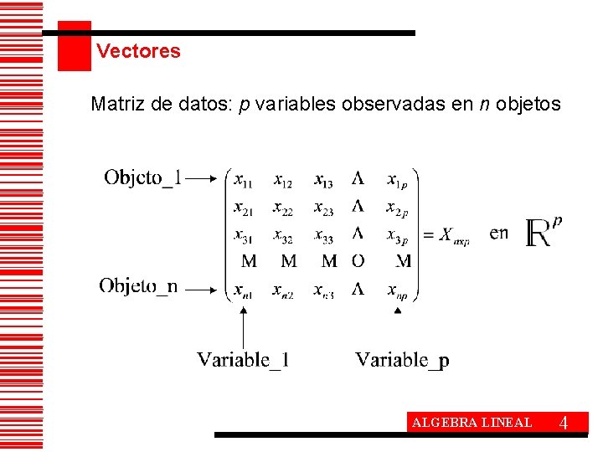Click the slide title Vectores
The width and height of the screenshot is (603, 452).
[x=138, y=51]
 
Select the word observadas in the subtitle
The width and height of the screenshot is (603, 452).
[x=397, y=105]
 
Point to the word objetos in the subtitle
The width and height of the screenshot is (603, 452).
[x=528, y=105]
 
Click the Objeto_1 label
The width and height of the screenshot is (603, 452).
[x=142, y=177]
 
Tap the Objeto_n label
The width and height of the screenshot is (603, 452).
[x=139, y=286]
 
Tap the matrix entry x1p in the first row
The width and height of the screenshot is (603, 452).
[x=398, y=180]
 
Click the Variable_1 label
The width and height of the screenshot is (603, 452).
[x=243, y=360]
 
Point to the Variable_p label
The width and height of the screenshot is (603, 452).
[x=402, y=360]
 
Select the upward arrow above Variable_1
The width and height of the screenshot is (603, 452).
[x=243, y=326]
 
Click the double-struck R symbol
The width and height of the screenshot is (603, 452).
[x=540, y=234]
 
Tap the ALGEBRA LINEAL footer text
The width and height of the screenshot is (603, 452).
[x=472, y=423]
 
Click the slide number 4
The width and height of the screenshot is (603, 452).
[x=564, y=423]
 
